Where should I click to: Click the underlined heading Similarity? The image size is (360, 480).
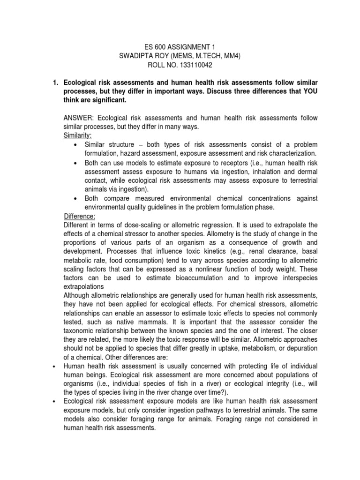coord(78,136)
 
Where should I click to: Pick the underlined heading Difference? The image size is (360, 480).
coord(80,216)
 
